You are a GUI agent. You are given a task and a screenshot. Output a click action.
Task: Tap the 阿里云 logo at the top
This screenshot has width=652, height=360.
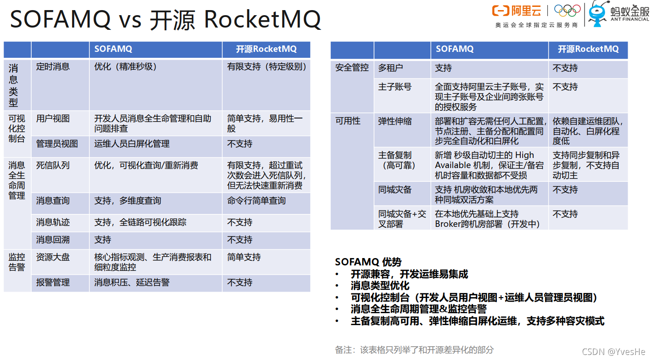click(x=516, y=11)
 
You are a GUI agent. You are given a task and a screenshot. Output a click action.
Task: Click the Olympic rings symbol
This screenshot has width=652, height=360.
click(x=567, y=10)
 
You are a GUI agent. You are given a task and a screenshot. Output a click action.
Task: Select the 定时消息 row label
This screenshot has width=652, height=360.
click(x=53, y=67)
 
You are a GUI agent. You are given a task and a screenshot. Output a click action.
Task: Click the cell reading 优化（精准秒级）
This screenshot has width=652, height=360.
click(x=126, y=67)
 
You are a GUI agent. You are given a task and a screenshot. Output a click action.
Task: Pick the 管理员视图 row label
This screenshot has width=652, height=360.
click(x=57, y=144)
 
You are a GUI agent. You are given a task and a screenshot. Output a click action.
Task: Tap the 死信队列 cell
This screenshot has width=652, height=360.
click(x=53, y=165)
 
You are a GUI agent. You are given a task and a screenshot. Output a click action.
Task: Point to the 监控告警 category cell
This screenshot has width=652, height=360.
click(x=17, y=262)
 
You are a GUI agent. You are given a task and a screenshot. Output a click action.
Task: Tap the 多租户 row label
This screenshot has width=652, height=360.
click(x=390, y=68)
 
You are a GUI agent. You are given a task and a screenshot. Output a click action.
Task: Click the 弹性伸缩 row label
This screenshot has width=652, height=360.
click(x=395, y=121)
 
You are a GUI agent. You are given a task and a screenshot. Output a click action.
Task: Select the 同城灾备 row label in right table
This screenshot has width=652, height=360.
click(x=395, y=190)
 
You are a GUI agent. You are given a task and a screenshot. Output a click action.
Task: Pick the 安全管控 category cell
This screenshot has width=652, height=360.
click(x=352, y=68)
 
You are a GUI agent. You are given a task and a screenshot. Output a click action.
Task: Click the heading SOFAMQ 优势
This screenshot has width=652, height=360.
click(x=368, y=262)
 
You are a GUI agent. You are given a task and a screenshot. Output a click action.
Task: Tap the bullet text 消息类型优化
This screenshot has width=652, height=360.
click(x=380, y=286)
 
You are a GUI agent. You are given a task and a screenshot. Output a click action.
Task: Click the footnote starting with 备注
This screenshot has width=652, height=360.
click(x=414, y=350)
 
